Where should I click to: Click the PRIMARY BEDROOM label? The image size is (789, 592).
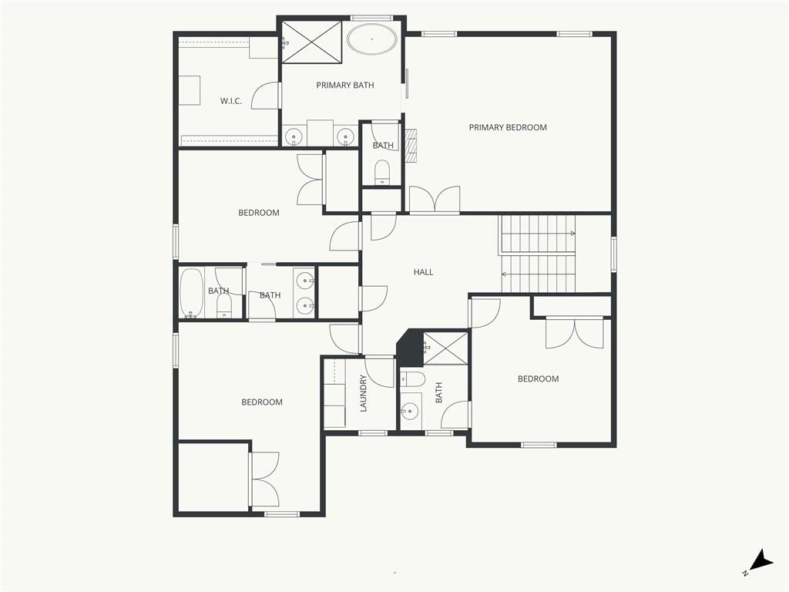point(508,127)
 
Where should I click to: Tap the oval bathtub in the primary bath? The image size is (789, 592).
point(372,39)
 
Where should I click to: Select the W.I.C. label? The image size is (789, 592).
point(231,101)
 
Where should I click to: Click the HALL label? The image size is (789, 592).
point(423,272)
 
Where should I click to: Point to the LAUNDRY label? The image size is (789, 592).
point(364,393)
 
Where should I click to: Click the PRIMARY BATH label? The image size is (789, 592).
point(345,85)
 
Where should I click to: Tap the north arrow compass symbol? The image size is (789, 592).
point(760,563)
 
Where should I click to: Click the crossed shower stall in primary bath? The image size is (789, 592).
point(311,42)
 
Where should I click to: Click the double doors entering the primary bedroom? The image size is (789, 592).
point(435,200)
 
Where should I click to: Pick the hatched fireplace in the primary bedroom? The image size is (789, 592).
point(412,146)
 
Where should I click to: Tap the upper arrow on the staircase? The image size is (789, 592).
point(539,234)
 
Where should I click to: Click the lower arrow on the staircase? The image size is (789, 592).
point(539,274)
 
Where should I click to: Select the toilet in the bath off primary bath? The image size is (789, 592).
point(382,171)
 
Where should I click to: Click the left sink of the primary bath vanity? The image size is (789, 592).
point(294,136)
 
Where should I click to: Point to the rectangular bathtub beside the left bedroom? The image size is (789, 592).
point(192,294)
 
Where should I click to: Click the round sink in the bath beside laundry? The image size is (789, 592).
point(410,411)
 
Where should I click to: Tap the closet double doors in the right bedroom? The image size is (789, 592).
point(575,333)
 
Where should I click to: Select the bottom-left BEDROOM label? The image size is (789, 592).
point(262,402)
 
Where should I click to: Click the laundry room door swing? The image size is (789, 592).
point(379,372)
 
